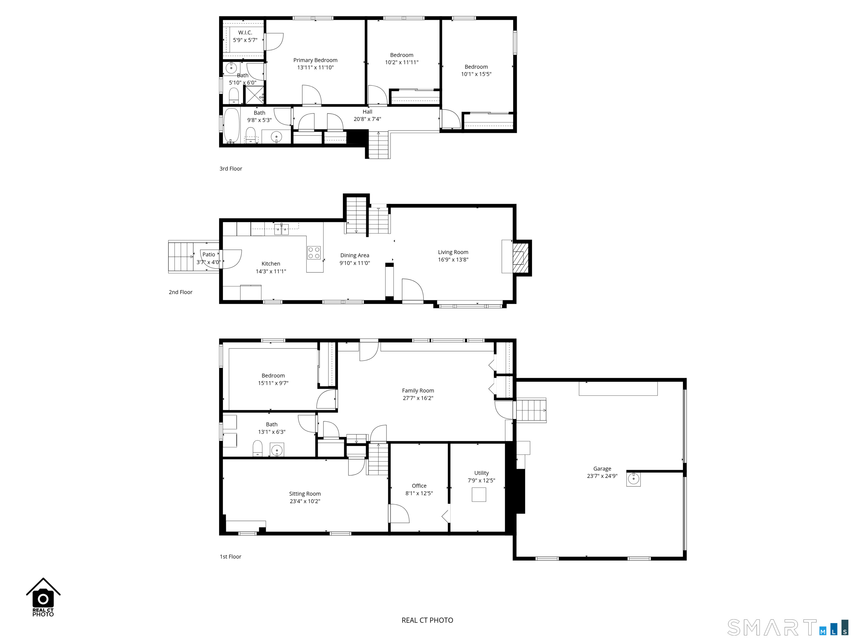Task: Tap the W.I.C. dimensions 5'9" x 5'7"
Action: (x=245, y=40)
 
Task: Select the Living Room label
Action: (x=453, y=252)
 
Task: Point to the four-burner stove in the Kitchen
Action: (x=314, y=253)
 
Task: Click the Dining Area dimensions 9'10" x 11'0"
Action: (x=355, y=263)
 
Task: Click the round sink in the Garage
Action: (x=633, y=479)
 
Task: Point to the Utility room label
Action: (x=481, y=473)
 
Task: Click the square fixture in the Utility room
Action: (x=479, y=495)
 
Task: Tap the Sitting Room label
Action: (x=305, y=493)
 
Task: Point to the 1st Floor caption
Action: (x=230, y=556)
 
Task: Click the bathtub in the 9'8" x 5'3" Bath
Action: (x=232, y=126)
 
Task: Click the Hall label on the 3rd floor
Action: (x=367, y=111)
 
